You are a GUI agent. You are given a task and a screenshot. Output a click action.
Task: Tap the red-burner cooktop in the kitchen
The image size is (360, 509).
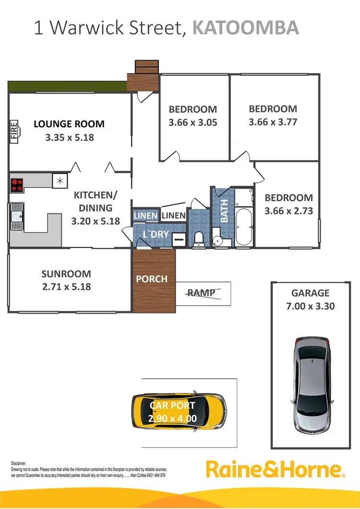coord(17,185)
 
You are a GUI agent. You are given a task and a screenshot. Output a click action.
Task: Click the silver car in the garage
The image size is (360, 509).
coord(312,376)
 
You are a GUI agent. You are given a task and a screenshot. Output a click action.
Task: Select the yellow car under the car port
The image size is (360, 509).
coord(179,412)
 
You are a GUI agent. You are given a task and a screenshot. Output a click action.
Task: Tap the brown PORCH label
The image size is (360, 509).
coord(152,279)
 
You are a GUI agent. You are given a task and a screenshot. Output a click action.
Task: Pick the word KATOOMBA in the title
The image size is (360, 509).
coord(245,28)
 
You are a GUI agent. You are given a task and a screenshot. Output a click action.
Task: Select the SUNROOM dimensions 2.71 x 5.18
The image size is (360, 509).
coord(66,287)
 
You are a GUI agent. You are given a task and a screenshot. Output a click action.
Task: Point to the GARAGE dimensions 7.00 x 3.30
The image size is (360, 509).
coord(310,306)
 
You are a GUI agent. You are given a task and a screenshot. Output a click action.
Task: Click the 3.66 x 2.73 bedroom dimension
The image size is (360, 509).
coord(288,210)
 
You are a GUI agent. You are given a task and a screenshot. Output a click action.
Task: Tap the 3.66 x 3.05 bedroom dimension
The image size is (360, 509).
coord(192,122)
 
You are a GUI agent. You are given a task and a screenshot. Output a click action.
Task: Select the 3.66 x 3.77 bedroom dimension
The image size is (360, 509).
coord(273,122)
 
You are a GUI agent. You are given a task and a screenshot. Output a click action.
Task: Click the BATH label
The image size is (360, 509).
coord(224,211)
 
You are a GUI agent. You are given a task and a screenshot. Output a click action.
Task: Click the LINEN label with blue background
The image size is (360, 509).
coord(145,216)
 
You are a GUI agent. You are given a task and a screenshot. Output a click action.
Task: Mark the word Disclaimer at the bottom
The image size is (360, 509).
coord(19,462)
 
